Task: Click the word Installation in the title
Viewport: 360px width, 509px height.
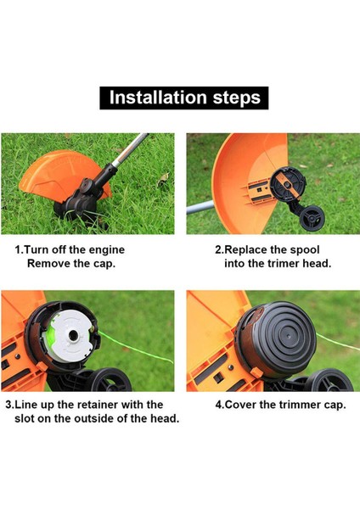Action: coord(158,97)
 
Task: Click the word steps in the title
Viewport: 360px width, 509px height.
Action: coord(237,98)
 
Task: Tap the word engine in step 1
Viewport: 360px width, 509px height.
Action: coord(107,250)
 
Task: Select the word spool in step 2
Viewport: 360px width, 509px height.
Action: coord(305,250)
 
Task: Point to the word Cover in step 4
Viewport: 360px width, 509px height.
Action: coord(241,405)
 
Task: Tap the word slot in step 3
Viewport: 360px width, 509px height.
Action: coord(24,418)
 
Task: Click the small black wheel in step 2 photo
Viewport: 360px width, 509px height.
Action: coord(311,217)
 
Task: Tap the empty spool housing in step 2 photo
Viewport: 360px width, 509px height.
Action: coord(288,184)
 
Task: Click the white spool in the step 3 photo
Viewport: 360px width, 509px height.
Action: coord(71,336)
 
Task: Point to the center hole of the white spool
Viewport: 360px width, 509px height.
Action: coord(73,335)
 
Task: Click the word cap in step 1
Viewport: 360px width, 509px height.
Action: coord(104,264)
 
